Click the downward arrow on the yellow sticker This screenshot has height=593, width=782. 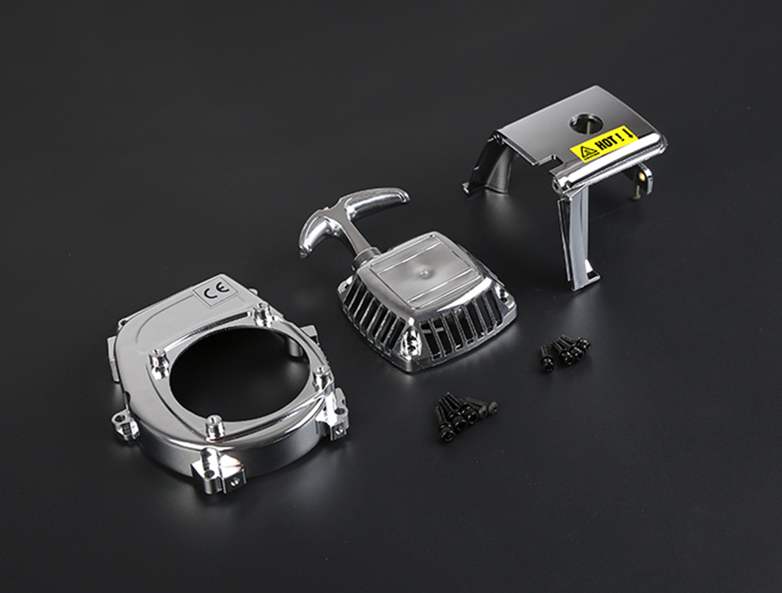(629, 133)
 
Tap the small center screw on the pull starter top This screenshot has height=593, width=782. (425, 272)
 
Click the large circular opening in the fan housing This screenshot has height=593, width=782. (239, 378)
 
